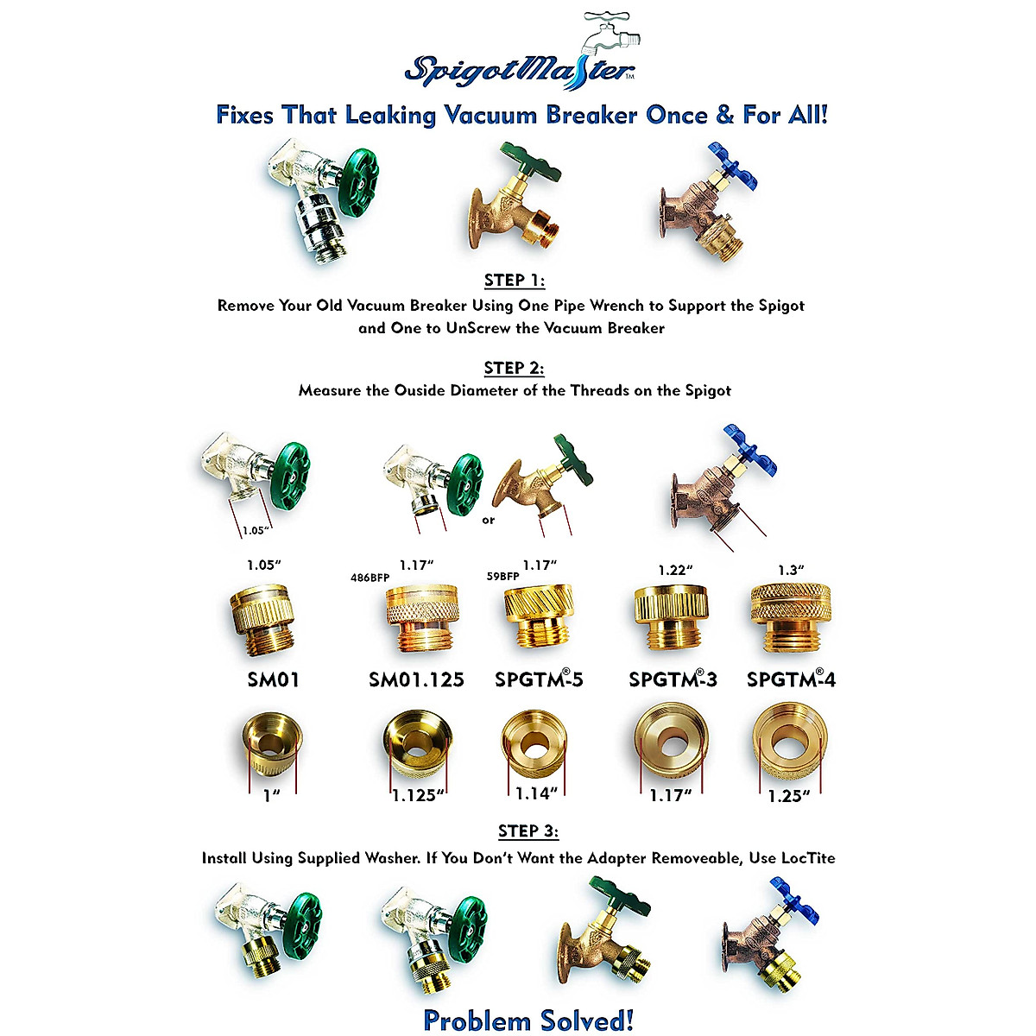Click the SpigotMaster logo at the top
click(521, 60)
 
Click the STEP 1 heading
click(515, 281)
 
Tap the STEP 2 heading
click(515, 368)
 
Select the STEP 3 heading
click(528, 831)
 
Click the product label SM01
click(274, 679)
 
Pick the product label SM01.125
click(416, 679)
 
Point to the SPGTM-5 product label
click(539, 679)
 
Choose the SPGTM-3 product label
click(673, 679)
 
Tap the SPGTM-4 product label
click(791, 679)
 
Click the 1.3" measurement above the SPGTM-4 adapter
click(791, 570)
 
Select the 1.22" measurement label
click(676, 570)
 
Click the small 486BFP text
click(370, 577)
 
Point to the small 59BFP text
click(502, 577)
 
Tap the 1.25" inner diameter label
click(789, 795)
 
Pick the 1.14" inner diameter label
click(536, 792)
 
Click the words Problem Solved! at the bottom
click(528, 1020)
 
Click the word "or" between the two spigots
click(489, 521)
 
